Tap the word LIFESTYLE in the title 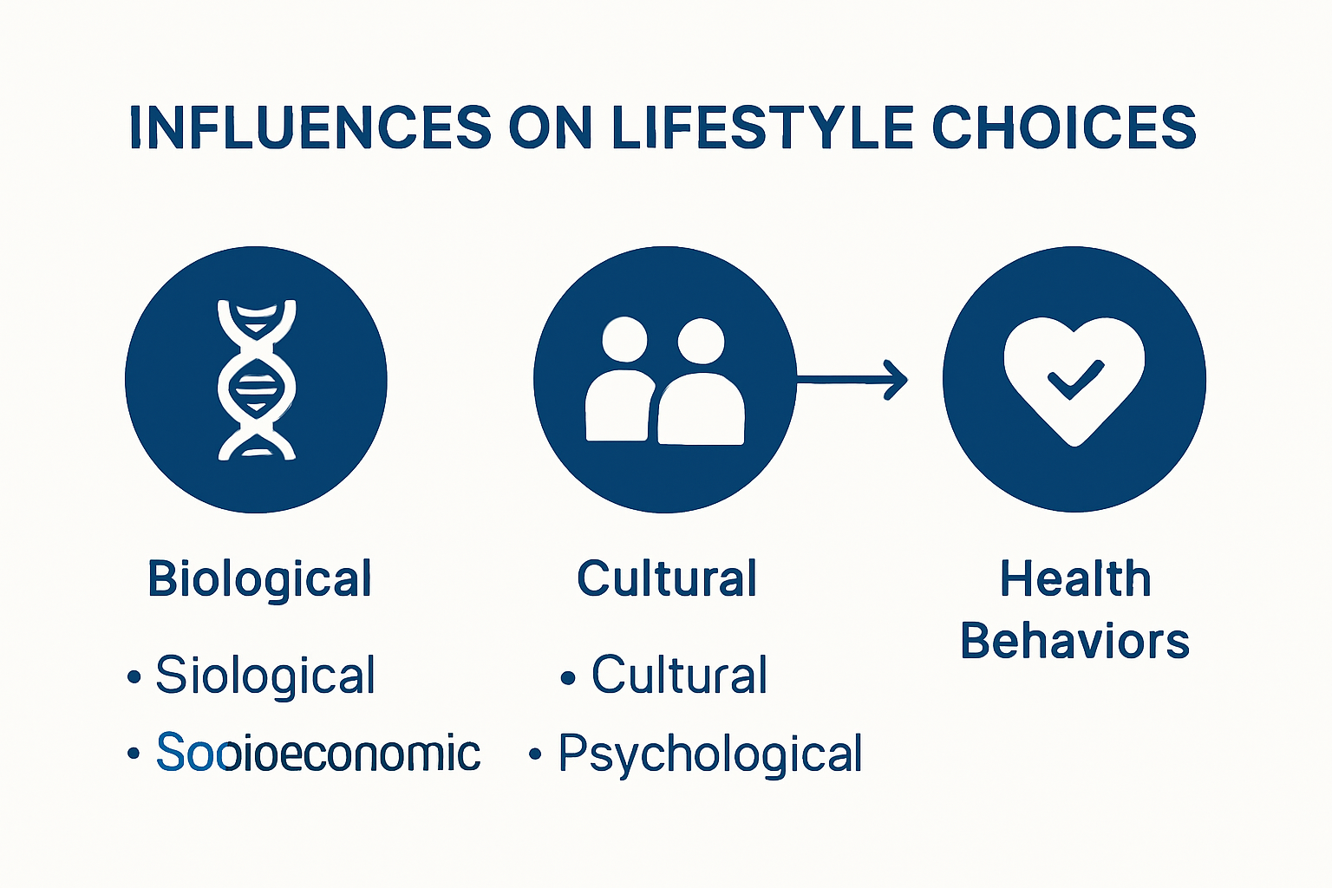click(763, 127)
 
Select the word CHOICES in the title click(1064, 127)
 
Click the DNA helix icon click(257, 379)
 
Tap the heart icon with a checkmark click(1074, 379)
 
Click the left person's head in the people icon click(624, 339)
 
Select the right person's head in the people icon click(701, 341)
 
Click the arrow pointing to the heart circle click(854, 380)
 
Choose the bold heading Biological click(260, 579)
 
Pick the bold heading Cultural click(667, 578)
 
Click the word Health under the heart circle click(1075, 578)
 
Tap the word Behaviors click(1075, 642)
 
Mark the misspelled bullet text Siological click(265, 676)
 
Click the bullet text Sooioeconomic click(317, 753)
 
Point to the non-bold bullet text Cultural click(679, 675)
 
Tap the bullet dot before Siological click(134, 676)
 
